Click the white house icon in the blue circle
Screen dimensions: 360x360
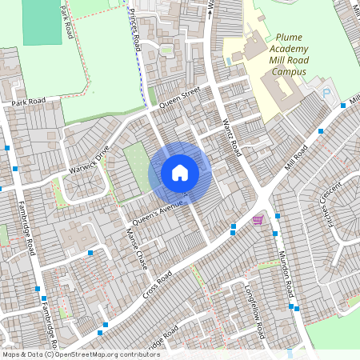point(179,172)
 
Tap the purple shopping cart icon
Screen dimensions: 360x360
point(258,220)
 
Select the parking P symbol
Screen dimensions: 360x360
point(326,94)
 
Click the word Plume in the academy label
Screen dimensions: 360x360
point(290,37)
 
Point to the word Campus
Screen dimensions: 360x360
point(289,70)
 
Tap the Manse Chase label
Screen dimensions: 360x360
point(138,249)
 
